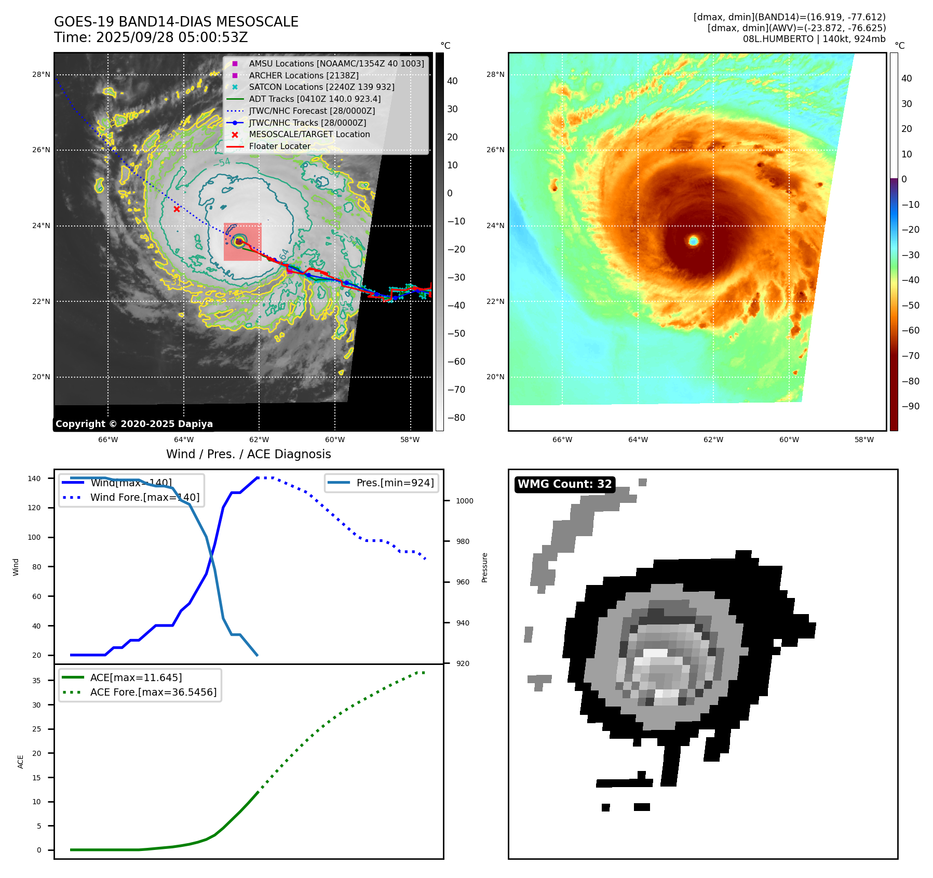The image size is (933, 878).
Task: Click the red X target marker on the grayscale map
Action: (177, 209)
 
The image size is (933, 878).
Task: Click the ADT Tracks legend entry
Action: (315, 99)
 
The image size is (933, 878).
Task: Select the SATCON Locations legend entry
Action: (321, 87)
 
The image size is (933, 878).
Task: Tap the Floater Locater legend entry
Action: (279, 146)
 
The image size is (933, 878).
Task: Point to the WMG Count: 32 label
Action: (564, 484)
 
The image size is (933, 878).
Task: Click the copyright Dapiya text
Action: (134, 424)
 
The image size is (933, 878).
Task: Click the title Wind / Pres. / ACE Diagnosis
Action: (248, 454)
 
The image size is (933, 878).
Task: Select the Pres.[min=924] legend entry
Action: (395, 483)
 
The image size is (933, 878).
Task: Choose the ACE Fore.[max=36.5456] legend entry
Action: (153, 692)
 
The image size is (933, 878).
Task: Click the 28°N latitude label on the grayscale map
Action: (41, 74)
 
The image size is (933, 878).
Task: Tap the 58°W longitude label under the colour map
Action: (864, 440)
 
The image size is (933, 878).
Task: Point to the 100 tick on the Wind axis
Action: (34, 537)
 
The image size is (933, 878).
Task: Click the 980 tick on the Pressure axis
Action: (462, 541)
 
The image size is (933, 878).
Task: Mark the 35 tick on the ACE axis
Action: (36, 680)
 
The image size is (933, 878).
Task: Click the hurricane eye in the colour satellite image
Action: (694, 241)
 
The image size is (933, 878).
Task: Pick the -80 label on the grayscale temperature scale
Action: (456, 418)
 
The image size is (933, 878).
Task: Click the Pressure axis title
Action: (484, 567)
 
